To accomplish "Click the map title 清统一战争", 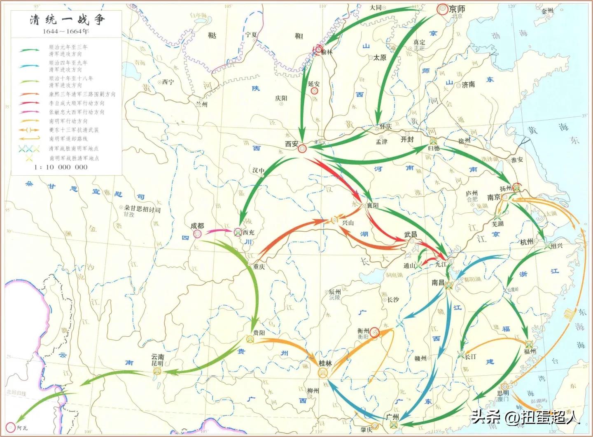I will coord(67,19).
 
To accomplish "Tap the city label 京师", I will coord(457,9).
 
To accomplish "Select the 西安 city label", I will coord(292,144).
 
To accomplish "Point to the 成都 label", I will coord(197,225).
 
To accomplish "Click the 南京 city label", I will coord(494,197).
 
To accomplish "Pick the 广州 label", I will coord(392,416).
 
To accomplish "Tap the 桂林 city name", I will coord(325,363).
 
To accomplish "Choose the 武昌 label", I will coord(411,234).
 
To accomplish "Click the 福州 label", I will coord(530,351).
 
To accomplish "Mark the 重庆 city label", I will coord(259,267).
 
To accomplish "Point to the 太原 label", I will coord(380,58).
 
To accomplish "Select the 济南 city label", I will coord(468,84).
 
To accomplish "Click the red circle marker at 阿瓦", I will coord(10,428).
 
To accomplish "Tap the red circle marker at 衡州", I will coord(374,332).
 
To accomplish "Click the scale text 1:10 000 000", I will coord(61,167).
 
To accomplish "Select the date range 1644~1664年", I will coord(65,31).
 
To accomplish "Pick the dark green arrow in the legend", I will coord(30,50).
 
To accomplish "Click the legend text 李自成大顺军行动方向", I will coord(77,103).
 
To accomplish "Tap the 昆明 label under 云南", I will coord(157,363).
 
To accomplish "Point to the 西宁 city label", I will coord(168,82).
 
